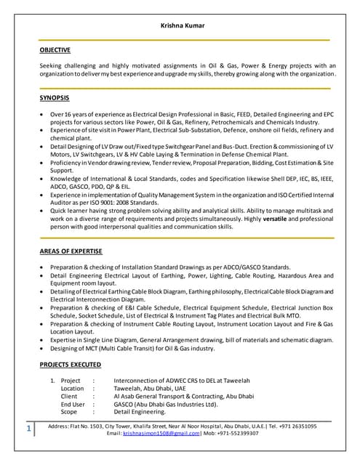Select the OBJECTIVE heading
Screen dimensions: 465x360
55,50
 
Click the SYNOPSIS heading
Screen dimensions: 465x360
55,97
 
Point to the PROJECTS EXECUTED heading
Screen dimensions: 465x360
70,363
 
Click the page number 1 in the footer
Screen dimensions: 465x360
28,429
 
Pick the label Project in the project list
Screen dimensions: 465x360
71,381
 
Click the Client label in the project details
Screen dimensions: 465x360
69,397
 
